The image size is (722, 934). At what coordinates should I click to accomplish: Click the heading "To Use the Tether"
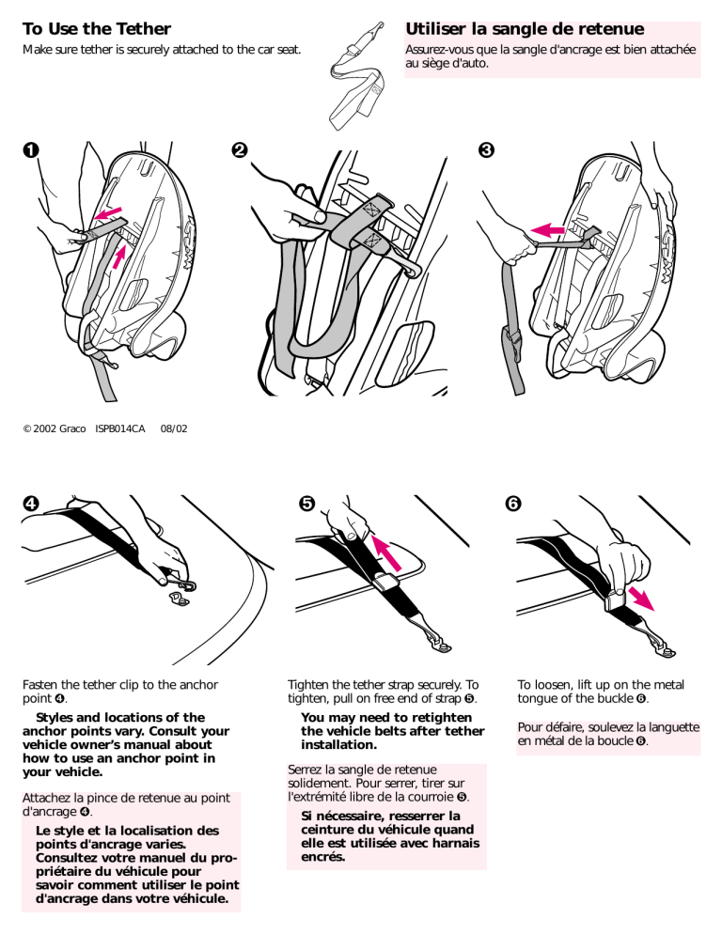96,29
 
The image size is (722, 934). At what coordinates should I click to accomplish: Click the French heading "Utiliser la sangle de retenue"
524,29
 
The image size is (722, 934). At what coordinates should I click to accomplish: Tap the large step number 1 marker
30,150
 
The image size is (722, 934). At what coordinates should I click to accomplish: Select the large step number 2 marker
241,150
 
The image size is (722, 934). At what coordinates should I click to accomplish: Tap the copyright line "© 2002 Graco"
54,428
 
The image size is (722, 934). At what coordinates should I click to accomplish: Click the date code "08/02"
173,428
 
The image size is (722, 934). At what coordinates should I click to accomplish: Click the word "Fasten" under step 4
43,686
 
